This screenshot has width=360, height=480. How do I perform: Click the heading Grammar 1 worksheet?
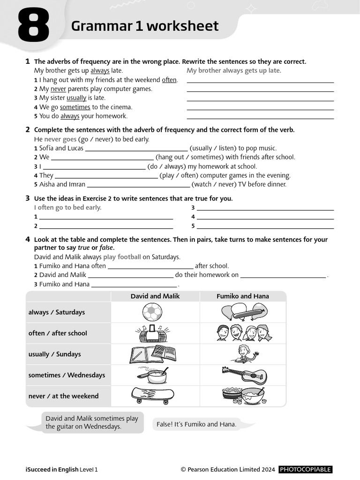[145, 26]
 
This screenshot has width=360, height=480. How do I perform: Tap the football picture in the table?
[152, 312]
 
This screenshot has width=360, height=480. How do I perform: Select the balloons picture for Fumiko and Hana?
[243, 311]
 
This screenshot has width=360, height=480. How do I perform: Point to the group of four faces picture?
[244, 333]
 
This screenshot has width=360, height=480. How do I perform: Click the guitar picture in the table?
[244, 375]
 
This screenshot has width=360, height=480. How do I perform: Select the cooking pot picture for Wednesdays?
[152, 375]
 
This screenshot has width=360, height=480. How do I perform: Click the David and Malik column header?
[155, 296]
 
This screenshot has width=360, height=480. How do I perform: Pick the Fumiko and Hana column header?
[243, 296]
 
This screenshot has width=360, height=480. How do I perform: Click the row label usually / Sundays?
[54, 354]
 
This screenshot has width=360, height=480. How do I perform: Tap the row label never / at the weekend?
[63, 396]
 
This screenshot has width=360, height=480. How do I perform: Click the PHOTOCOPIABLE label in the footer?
[305, 469]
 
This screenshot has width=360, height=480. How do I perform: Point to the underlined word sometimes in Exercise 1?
[75, 107]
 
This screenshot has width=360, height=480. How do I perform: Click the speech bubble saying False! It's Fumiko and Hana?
[196, 424]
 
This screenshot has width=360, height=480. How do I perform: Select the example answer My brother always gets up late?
[234, 71]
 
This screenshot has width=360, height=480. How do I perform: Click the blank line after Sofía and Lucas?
[136, 149]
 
